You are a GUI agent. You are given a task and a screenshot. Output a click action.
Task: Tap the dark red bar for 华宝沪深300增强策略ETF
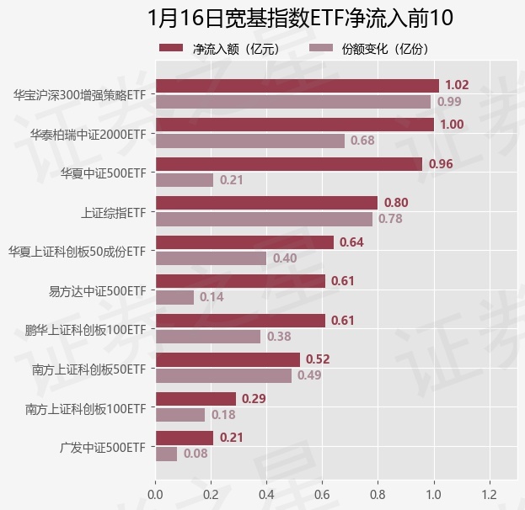coord(297,85)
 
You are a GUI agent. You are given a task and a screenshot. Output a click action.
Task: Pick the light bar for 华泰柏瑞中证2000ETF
coord(249,141)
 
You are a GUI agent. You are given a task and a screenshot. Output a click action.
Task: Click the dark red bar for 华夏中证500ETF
coord(288,164)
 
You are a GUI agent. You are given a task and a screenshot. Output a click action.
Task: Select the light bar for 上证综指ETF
coord(264,219)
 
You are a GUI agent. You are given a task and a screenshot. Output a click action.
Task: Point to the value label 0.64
coord(350,242)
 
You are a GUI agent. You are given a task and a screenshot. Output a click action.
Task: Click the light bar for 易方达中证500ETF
coord(174,297)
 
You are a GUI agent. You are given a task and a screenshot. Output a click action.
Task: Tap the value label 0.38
coord(279,337)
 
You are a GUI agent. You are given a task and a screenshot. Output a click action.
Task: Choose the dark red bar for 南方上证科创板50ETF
coord(228,359)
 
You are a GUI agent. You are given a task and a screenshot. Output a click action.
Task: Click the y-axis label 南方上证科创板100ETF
coord(85,409)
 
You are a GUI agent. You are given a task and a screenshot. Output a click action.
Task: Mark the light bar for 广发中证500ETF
coord(166,454)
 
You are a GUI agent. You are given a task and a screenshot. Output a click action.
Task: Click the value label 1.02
coord(457,85)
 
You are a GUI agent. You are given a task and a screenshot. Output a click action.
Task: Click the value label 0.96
coord(441,164)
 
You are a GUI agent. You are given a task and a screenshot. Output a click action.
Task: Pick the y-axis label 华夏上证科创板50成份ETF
coord(77,251)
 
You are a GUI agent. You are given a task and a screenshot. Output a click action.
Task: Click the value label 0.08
coord(196,454)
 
